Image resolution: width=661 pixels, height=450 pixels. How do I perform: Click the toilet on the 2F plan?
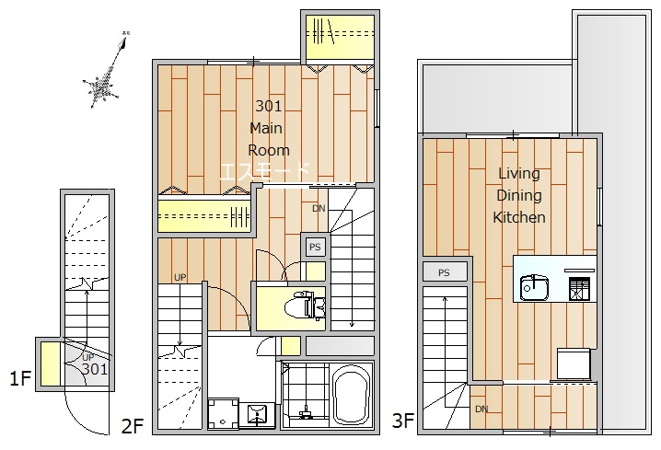[x=305, y=306]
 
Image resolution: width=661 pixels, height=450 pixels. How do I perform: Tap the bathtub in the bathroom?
[x=352, y=396]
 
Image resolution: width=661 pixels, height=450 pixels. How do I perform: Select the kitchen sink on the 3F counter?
[x=534, y=287]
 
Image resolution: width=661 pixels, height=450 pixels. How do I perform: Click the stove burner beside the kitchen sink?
[x=579, y=288]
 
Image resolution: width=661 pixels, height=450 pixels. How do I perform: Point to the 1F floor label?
[x=20, y=378]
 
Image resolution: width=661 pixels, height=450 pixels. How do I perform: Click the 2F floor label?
[x=133, y=425]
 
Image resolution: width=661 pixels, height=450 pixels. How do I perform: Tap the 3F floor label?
[x=403, y=420]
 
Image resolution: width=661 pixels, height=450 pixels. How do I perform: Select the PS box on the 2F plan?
[x=315, y=247]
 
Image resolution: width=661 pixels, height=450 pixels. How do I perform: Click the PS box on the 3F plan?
[x=445, y=272]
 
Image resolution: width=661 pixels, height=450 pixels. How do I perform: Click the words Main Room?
[x=269, y=139]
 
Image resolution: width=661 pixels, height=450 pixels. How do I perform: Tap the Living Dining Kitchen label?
[x=519, y=195]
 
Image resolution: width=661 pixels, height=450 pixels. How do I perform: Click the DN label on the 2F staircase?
[x=319, y=208]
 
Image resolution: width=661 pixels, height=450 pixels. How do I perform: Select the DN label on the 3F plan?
[x=481, y=409]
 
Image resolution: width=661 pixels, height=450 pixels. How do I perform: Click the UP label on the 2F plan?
[x=180, y=277]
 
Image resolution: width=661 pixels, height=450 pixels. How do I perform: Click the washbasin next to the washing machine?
[x=257, y=415]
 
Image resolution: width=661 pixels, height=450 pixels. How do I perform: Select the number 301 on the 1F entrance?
[x=95, y=369]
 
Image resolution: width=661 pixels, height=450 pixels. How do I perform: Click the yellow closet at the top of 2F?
[x=340, y=37]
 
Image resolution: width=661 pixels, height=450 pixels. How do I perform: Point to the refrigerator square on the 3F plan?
[x=574, y=363]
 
